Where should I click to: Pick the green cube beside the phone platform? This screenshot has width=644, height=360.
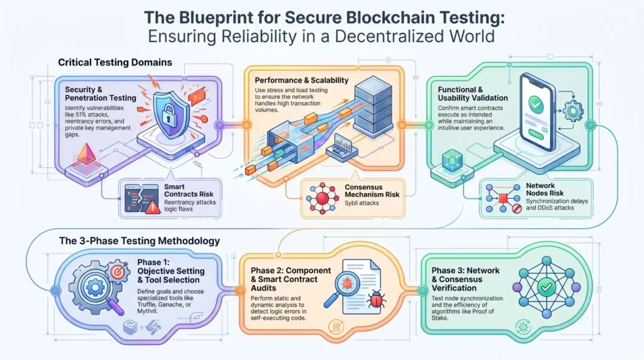pos(451,160)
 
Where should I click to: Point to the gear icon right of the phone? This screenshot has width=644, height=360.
pos(575,111)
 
